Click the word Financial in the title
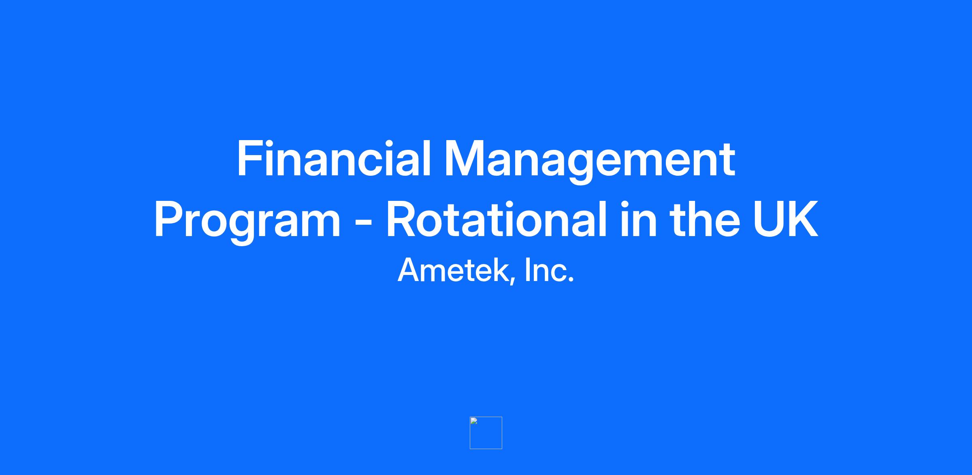coord(334,158)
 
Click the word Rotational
coord(497,219)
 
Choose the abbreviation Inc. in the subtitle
coord(550,270)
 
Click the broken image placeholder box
coord(486,433)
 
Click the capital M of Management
coord(465,158)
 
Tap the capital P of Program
coord(170,219)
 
